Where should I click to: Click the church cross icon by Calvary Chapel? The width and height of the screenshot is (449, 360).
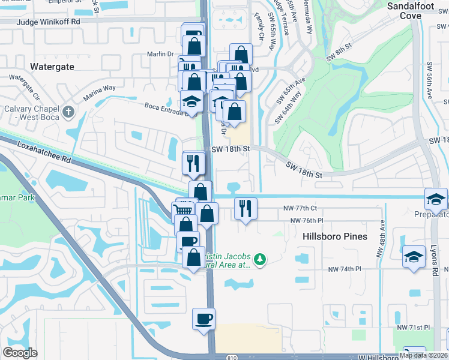[68, 112]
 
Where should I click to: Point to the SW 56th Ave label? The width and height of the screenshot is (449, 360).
[429, 80]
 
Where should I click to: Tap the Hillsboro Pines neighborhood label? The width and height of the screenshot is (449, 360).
[334, 236]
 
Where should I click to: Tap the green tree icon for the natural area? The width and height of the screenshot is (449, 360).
[259, 259]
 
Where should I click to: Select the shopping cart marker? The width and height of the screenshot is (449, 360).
[184, 210]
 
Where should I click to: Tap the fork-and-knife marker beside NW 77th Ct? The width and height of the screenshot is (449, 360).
[246, 208]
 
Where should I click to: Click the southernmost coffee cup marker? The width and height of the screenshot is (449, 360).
[203, 318]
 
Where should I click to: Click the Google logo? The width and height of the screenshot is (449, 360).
[20, 353]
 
